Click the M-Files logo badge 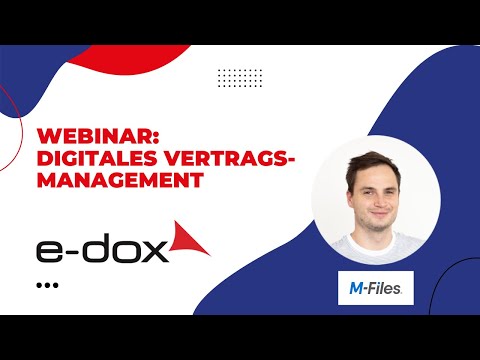point(375,287)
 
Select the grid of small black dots point(240,78)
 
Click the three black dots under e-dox point(47,285)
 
